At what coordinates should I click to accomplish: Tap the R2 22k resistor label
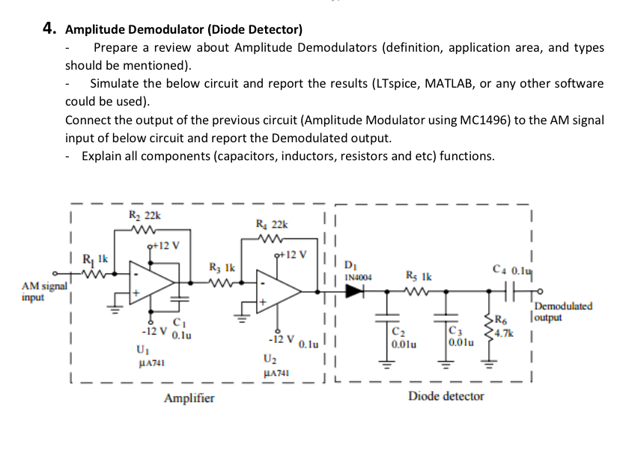coord(142,216)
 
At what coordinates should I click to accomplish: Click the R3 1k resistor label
coord(222,267)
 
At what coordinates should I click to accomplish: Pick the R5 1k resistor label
coord(417,275)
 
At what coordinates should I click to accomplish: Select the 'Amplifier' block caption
coord(189,398)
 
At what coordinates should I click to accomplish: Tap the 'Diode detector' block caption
coord(446,395)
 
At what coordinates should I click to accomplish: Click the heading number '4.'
coord(49,29)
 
